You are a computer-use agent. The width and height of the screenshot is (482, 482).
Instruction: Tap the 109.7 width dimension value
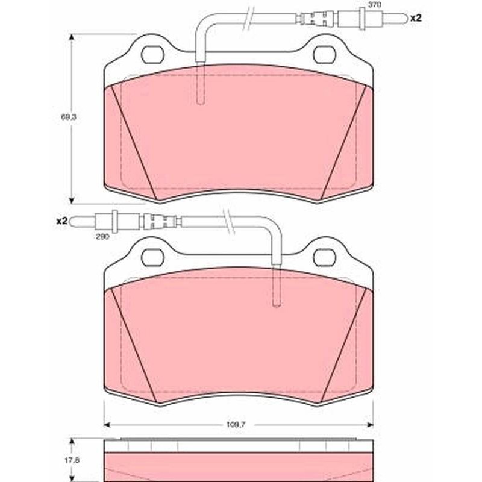click(x=236, y=425)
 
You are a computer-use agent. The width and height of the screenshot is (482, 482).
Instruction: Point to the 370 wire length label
click(x=375, y=5)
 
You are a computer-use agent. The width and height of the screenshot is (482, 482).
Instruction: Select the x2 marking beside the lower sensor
click(x=62, y=221)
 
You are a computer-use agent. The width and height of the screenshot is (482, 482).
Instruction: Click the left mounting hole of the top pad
click(x=152, y=55)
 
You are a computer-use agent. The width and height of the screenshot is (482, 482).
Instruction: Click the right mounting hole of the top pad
click(x=325, y=55)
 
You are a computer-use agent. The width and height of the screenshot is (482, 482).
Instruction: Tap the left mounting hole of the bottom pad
click(x=152, y=258)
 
